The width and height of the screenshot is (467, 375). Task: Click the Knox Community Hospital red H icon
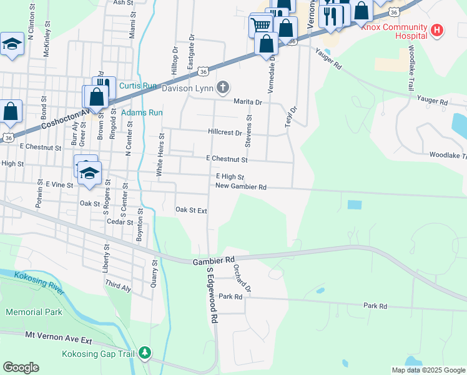(x=437, y=29)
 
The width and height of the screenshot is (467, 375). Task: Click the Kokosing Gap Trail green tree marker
(x=145, y=353)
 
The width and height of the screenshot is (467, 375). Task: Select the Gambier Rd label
(x=214, y=259)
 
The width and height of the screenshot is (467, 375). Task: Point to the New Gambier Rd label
(x=241, y=186)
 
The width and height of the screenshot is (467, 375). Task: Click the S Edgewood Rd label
(x=212, y=299)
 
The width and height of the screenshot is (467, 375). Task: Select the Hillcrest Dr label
(x=225, y=132)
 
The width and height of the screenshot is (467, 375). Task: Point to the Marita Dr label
(x=248, y=101)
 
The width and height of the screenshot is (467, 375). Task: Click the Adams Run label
(x=142, y=112)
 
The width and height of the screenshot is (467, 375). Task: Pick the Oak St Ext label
(x=191, y=210)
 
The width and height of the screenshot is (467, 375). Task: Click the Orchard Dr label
(x=242, y=278)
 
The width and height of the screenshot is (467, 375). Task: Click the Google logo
(x=21, y=367)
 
